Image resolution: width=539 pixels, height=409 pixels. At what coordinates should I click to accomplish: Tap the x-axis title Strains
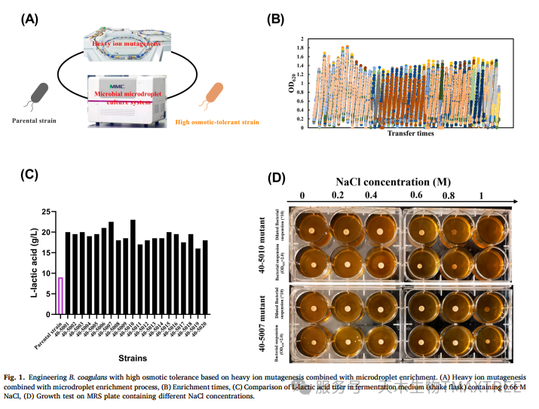coord(132,358)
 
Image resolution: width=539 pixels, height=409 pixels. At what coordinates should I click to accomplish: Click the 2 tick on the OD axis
coord(302,38)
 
